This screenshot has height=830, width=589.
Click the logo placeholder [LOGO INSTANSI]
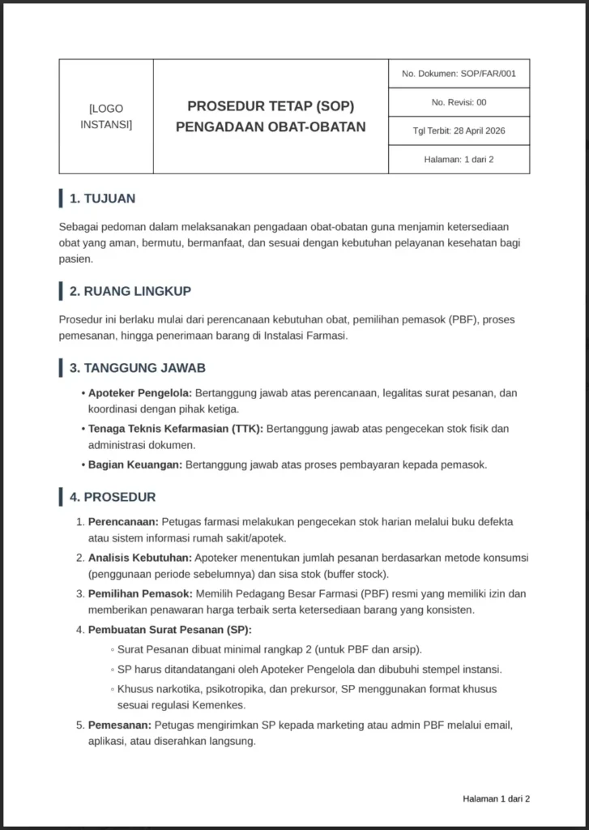pyautogui.click(x=106, y=116)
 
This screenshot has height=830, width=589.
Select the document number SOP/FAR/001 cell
pyautogui.click(x=459, y=74)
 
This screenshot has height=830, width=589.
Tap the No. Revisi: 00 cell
pyautogui.click(x=459, y=102)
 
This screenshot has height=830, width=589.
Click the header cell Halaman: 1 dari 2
pyautogui.click(x=459, y=159)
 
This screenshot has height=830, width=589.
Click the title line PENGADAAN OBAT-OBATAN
pyautogui.click(x=271, y=126)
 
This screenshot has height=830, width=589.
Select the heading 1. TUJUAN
pyautogui.click(x=102, y=199)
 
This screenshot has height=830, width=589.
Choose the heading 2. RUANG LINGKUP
pyautogui.click(x=130, y=291)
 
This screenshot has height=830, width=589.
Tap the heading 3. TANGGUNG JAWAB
pyautogui.click(x=137, y=368)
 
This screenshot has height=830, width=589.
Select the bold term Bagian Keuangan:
pyautogui.click(x=135, y=464)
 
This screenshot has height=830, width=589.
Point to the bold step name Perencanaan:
pyautogui.click(x=123, y=522)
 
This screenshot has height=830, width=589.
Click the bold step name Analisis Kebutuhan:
pyautogui.click(x=140, y=558)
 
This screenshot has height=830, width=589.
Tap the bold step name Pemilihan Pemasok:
pyautogui.click(x=140, y=593)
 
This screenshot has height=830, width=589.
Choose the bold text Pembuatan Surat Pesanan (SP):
pyautogui.click(x=170, y=630)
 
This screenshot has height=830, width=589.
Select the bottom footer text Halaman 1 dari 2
pyautogui.click(x=496, y=798)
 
